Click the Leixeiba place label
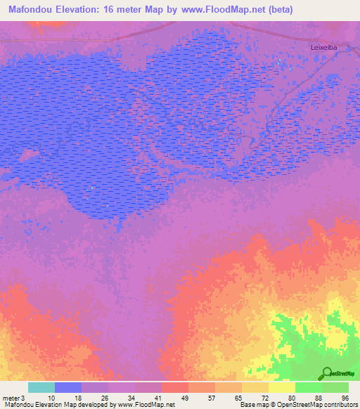coord(324,47)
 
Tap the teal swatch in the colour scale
coord(41,387)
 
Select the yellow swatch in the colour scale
coord(281,387)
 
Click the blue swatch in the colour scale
coord(68,387)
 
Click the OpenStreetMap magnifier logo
coord(326,373)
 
